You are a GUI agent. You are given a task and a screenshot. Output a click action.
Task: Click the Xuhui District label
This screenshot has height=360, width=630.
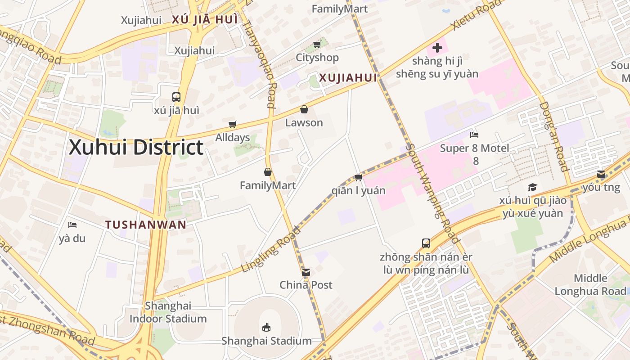[136, 148]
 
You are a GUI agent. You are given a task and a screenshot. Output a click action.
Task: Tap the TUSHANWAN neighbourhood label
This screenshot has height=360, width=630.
[146, 225]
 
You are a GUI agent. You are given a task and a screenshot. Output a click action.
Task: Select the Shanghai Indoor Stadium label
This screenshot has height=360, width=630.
[168, 312]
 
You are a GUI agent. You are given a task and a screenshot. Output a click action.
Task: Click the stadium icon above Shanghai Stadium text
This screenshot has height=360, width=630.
[266, 327]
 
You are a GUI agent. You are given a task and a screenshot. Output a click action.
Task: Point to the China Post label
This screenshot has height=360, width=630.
[306, 285]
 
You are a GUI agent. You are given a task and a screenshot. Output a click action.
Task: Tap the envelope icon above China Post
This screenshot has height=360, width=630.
[306, 272]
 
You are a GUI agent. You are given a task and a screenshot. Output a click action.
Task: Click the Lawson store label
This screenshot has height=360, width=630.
[304, 122]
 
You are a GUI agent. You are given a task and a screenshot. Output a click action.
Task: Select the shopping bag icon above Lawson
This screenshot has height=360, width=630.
[304, 109]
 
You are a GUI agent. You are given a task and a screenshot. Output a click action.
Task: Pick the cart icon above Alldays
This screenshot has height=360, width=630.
[232, 125]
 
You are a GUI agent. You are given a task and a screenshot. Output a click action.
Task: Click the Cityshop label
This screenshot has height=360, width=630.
[317, 58]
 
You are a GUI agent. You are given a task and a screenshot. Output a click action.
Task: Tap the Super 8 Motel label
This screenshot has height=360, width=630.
[475, 148]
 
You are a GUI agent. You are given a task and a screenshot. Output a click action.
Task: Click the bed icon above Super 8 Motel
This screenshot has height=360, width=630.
[474, 135]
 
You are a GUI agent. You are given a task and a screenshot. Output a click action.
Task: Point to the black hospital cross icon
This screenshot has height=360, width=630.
[437, 47]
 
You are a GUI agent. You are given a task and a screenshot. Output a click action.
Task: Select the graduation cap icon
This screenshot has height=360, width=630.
[532, 187]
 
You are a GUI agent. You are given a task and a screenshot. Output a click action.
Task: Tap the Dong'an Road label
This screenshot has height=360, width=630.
[554, 136]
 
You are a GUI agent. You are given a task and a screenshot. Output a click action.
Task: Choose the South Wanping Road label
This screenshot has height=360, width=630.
[432, 193]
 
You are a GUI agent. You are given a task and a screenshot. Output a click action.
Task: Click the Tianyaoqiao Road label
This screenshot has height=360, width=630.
[258, 59]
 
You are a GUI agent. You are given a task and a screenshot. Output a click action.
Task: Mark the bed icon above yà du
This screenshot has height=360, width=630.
[72, 225]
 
